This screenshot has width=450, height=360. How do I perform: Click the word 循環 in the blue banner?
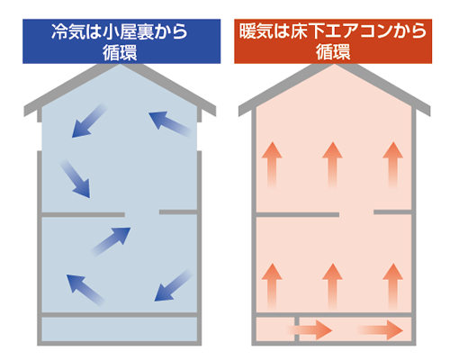[120, 52]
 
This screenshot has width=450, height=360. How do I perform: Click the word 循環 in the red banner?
[333, 52]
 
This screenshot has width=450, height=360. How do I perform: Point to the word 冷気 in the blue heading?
[67, 31]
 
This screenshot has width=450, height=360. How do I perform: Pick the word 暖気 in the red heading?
[256, 31]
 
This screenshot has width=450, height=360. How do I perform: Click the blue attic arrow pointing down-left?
[89, 121]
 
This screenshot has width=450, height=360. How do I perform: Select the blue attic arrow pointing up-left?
[170, 124]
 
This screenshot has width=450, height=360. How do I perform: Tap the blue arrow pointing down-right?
[75, 179]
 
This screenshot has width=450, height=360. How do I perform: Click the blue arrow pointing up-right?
[111, 242]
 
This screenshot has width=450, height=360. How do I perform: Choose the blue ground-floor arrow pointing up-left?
[85, 290]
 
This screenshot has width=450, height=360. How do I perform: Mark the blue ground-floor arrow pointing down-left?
[174, 285]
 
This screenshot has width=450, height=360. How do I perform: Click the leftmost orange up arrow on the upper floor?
[272, 165]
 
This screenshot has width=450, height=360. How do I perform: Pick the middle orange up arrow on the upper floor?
[332, 165]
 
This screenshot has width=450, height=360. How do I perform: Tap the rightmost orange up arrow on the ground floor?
[393, 286]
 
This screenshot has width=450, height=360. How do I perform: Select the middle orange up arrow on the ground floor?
[332, 286]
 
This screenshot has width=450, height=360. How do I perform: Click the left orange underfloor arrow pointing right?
[310, 330]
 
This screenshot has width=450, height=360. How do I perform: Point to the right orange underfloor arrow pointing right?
[380, 330]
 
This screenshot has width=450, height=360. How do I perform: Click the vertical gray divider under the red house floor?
[297, 328]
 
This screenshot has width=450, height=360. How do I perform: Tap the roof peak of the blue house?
[120, 65]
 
